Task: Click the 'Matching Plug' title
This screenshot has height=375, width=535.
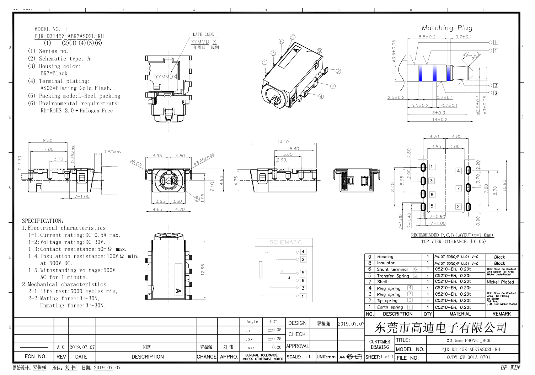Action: (x=447, y=28)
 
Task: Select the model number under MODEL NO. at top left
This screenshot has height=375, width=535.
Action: (x=69, y=36)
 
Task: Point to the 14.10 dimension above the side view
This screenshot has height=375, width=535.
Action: (x=283, y=142)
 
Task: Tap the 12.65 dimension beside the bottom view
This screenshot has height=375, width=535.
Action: (x=203, y=269)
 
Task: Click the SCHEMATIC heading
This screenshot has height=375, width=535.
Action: (x=285, y=242)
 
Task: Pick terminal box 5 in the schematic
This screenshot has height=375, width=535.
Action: (x=303, y=273)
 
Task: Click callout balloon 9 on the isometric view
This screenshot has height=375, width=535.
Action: (x=320, y=51)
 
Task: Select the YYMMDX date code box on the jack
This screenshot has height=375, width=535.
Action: (x=165, y=76)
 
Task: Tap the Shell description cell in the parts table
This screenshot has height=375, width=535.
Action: (x=382, y=281)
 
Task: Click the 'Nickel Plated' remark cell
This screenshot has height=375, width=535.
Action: (x=500, y=282)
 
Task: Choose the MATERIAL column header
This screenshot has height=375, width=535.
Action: (x=460, y=314)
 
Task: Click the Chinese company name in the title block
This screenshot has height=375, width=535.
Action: (x=441, y=327)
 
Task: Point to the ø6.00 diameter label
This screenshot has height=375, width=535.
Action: (x=136, y=163)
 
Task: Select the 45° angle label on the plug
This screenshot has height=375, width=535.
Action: (x=466, y=55)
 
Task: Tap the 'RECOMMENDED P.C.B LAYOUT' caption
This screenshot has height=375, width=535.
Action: (x=452, y=235)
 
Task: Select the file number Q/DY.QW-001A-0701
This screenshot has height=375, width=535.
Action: (x=468, y=357)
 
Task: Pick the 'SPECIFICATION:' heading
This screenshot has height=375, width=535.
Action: (x=43, y=221)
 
